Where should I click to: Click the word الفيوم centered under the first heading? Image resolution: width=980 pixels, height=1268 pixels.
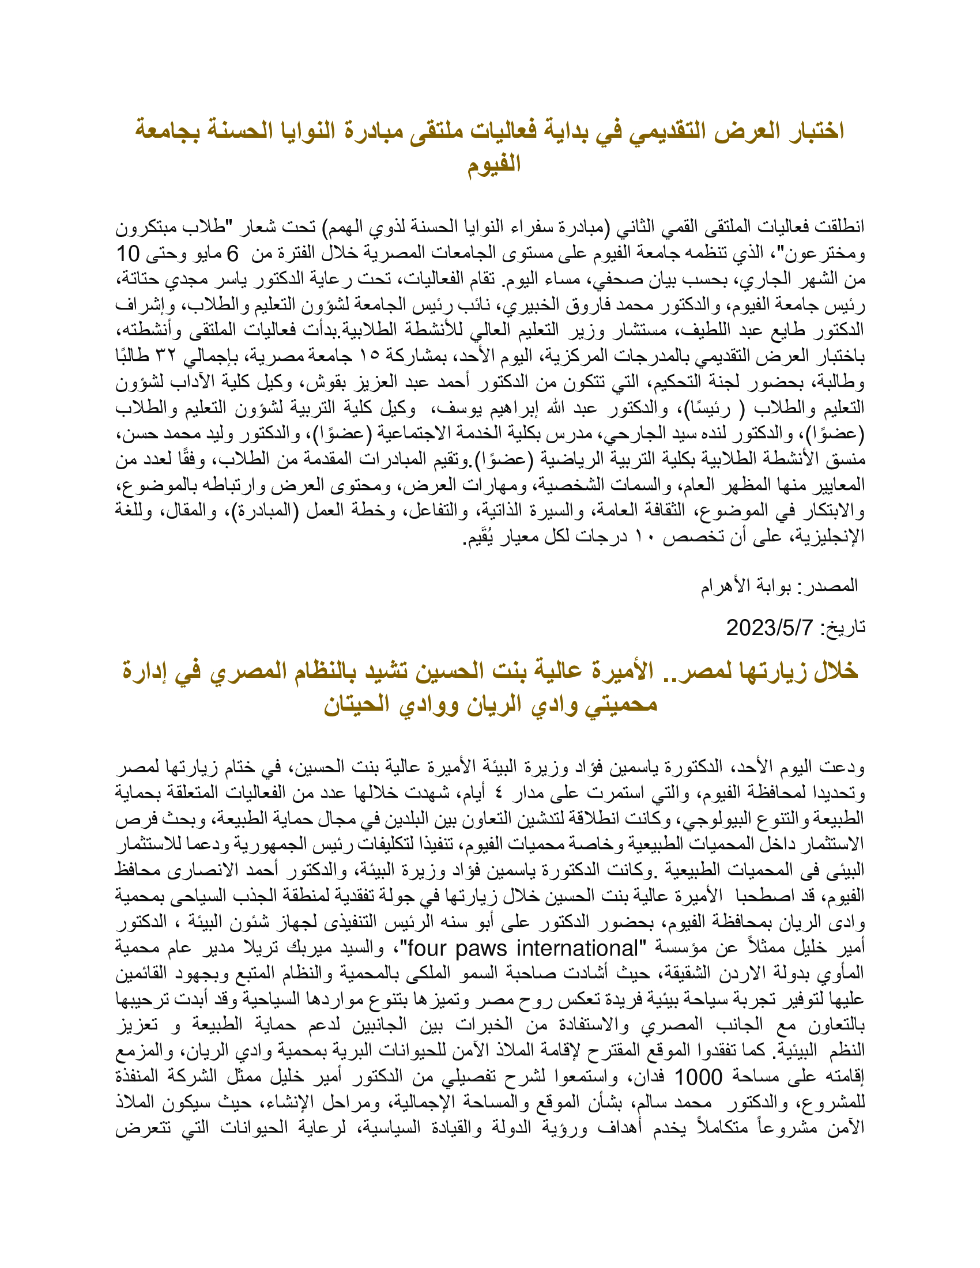click(x=494, y=164)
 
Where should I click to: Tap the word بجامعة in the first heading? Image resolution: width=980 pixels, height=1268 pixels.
click(x=168, y=131)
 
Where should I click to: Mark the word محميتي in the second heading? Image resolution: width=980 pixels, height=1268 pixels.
click(x=619, y=704)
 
